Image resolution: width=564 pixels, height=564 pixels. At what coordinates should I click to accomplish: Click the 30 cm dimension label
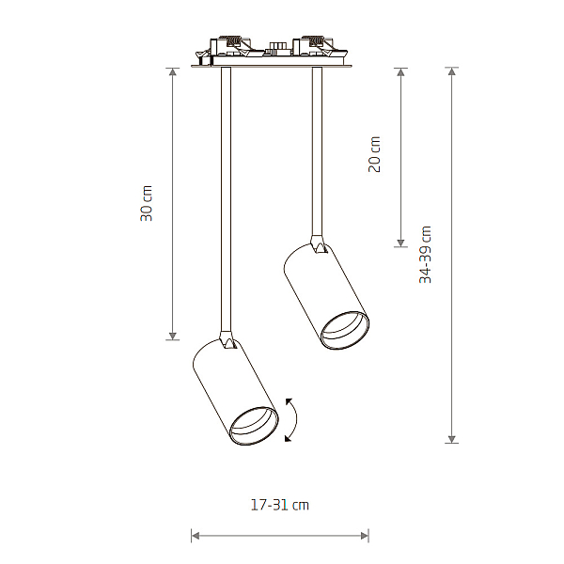pos(147,203)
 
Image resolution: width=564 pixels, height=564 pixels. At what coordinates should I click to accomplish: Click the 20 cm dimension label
pos(374,154)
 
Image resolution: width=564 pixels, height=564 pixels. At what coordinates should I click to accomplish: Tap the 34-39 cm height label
pos(425,255)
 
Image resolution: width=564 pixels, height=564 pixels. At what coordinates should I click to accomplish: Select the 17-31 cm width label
pos(280,505)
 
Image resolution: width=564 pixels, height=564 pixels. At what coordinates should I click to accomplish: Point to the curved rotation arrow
pos(296,419)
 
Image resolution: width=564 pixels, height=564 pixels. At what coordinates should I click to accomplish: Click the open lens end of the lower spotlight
pos(254,426)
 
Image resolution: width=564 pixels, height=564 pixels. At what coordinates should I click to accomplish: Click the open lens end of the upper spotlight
pos(345,331)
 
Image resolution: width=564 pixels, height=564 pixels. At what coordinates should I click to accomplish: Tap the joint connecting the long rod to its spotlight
pos(227,340)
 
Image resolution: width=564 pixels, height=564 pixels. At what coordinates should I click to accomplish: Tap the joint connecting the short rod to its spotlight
pos(319,244)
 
